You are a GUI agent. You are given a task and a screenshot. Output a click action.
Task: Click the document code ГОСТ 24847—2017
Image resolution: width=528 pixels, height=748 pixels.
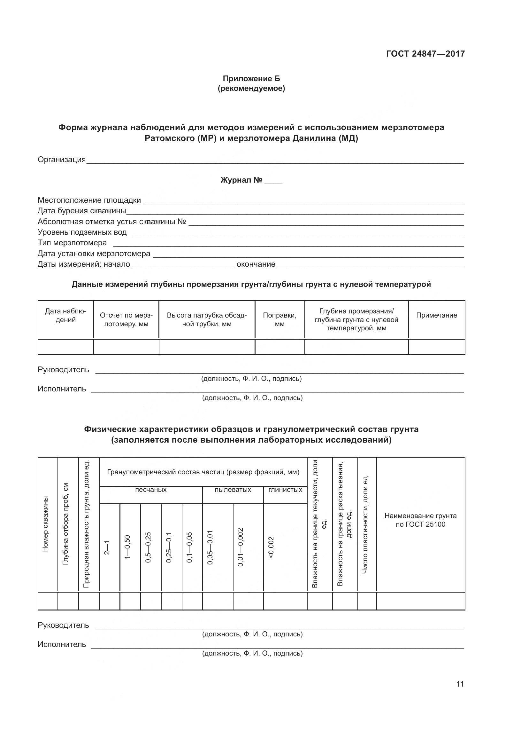[x=425, y=54]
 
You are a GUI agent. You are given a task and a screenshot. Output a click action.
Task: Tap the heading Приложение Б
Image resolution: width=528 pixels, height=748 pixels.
[x=251, y=79]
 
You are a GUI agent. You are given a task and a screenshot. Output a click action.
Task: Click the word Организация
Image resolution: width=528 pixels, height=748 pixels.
[x=61, y=160]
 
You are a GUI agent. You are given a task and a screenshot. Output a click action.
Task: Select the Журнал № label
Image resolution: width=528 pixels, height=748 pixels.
[x=241, y=180]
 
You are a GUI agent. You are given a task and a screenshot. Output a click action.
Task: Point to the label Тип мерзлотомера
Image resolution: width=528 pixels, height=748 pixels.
[x=72, y=243]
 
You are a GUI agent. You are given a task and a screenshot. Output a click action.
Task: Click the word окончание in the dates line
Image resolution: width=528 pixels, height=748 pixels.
[x=256, y=264]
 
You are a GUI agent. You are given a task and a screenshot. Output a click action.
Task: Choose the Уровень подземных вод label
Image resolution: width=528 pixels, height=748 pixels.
[x=82, y=232]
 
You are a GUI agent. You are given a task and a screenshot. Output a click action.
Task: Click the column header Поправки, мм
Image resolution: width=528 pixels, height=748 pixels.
[x=279, y=319]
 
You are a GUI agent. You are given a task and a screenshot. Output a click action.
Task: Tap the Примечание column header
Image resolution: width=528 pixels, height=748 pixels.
[x=436, y=315]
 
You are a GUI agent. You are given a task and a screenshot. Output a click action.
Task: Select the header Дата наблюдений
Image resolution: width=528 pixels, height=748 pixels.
[x=66, y=315]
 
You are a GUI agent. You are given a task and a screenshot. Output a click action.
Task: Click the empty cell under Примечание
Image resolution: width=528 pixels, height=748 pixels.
[x=436, y=347]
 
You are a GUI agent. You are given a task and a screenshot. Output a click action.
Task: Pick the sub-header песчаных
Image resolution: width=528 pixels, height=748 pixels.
[x=151, y=490]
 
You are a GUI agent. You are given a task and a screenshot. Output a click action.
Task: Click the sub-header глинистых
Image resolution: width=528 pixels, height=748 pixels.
[x=285, y=490]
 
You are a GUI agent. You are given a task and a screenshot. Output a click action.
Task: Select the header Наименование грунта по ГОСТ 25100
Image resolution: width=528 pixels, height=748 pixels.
[x=420, y=520]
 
